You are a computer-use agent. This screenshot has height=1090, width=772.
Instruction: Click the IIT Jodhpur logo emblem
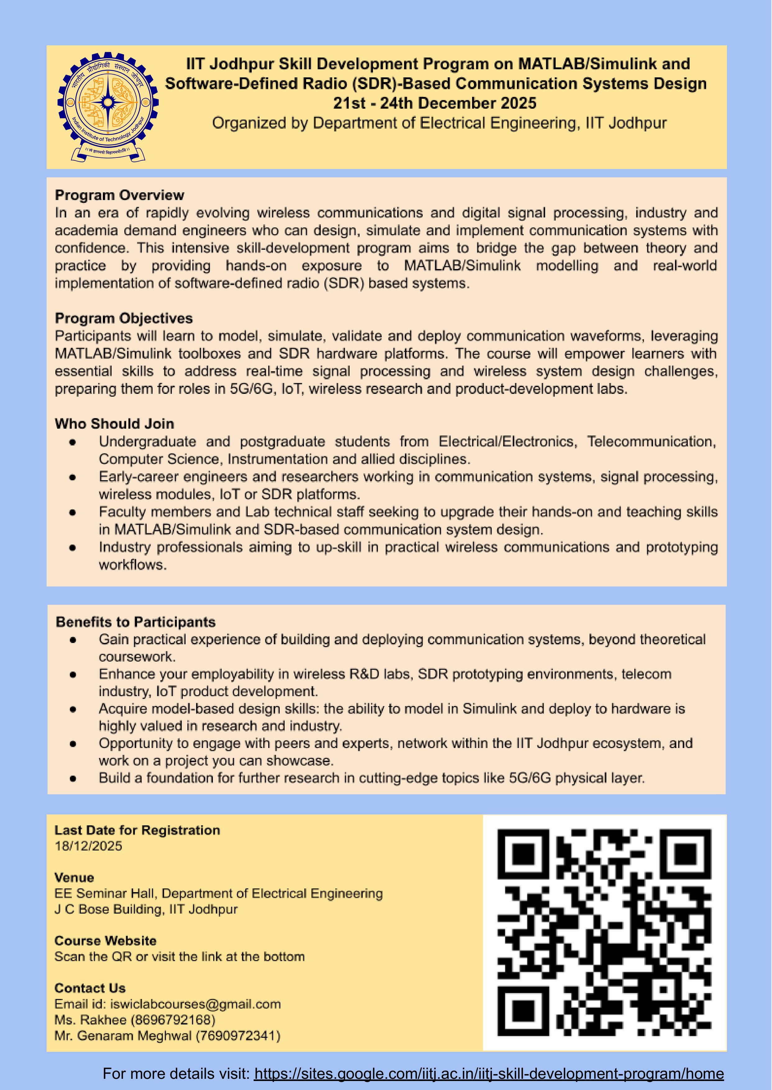pos(108,106)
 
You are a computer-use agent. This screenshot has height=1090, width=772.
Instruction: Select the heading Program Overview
pos(119,195)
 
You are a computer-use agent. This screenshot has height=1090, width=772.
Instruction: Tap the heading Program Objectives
pos(124,318)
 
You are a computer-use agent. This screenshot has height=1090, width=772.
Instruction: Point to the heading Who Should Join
pos(115,424)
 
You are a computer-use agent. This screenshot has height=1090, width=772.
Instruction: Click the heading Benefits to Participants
pos(136,622)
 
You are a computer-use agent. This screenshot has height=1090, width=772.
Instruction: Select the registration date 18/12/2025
pos(88,846)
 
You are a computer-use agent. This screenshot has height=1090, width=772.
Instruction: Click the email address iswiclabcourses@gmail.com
pos(195,1004)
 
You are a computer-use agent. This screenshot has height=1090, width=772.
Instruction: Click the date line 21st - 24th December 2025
pos(434,103)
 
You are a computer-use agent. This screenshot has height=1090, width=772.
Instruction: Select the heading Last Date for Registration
pos(137,830)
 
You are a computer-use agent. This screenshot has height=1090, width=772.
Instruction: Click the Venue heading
pos(74,878)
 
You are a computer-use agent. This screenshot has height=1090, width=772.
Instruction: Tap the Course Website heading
pos(106,941)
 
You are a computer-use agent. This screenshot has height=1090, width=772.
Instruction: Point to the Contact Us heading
pos(90,988)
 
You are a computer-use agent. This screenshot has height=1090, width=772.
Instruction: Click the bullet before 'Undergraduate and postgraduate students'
pos(73,442)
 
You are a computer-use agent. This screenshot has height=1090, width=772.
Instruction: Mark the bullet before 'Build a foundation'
pos(73,778)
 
